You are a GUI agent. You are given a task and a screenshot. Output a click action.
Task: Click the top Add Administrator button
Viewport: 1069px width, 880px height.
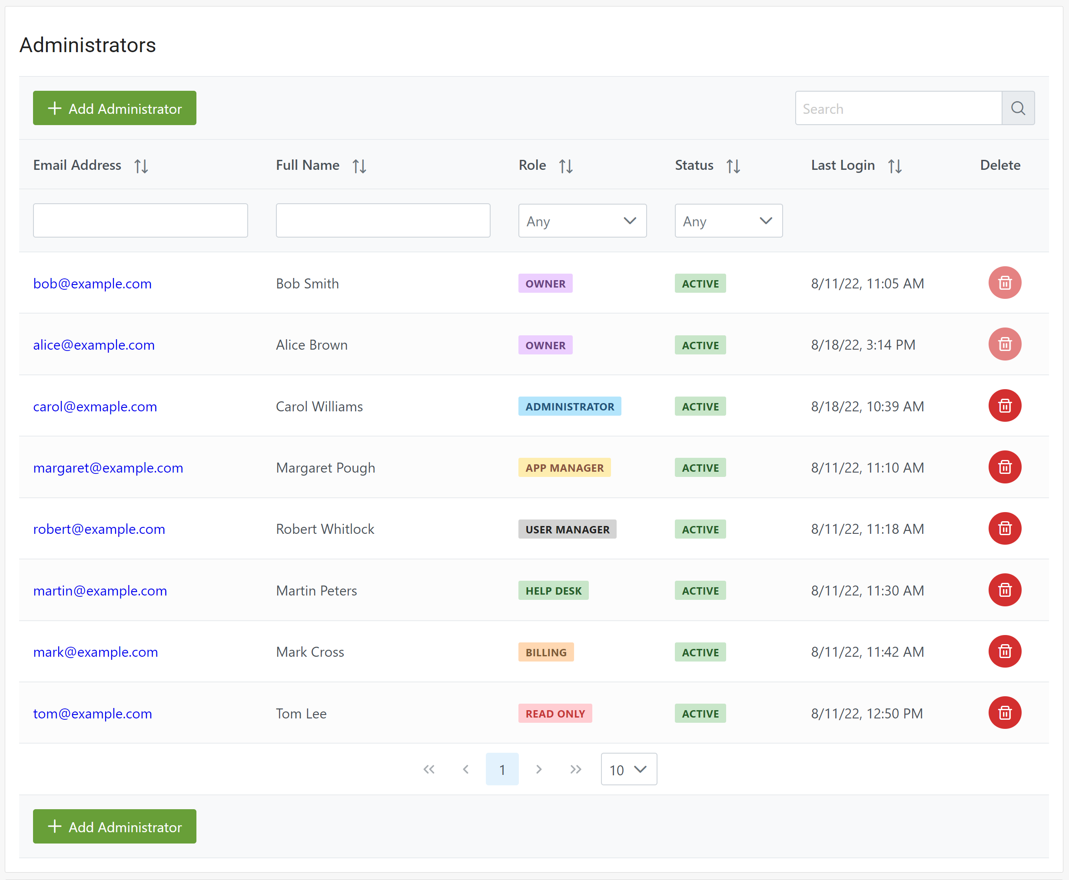pyautogui.click(x=115, y=108)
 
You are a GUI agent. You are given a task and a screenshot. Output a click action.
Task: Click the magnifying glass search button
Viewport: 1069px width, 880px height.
pyautogui.click(x=1018, y=108)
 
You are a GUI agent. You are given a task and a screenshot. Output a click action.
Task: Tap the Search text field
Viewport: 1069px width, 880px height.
pyautogui.click(x=898, y=109)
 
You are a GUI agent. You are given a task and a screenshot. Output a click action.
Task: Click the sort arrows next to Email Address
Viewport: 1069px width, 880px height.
pyautogui.click(x=141, y=166)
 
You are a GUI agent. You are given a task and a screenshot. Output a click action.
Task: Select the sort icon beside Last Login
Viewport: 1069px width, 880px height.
pyautogui.click(x=895, y=166)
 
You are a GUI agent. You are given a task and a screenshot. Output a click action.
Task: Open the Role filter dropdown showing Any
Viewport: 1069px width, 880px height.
pyautogui.click(x=582, y=221)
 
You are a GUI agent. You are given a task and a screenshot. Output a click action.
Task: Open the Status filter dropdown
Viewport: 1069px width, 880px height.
pyautogui.click(x=728, y=221)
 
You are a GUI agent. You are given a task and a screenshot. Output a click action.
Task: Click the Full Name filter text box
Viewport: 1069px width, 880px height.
pyautogui.click(x=383, y=221)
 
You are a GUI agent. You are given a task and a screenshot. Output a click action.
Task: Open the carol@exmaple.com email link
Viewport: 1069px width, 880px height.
pyautogui.click(x=95, y=407)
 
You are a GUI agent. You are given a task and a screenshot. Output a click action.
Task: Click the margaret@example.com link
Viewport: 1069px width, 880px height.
pyautogui.click(x=108, y=468)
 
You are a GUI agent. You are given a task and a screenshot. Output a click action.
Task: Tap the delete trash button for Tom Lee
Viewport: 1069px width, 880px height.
pyautogui.click(x=1004, y=713)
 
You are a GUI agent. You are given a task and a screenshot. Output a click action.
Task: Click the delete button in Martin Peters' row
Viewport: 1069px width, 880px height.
pyautogui.click(x=1004, y=590)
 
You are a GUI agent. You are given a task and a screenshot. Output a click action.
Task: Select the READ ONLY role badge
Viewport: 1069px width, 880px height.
pyautogui.click(x=555, y=714)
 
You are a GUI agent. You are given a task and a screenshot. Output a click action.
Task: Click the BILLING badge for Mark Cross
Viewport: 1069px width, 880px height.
pyautogui.click(x=546, y=652)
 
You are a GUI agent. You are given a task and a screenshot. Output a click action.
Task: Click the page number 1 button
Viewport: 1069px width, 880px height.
pyautogui.click(x=501, y=770)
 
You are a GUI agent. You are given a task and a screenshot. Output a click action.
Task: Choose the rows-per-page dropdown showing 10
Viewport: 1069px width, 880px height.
pyautogui.click(x=628, y=770)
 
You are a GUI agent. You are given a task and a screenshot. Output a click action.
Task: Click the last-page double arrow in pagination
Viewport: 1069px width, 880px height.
pyautogui.click(x=575, y=770)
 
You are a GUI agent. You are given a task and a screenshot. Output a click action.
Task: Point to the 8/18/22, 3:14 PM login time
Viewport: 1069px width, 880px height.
pyautogui.click(x=863, y=345)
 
